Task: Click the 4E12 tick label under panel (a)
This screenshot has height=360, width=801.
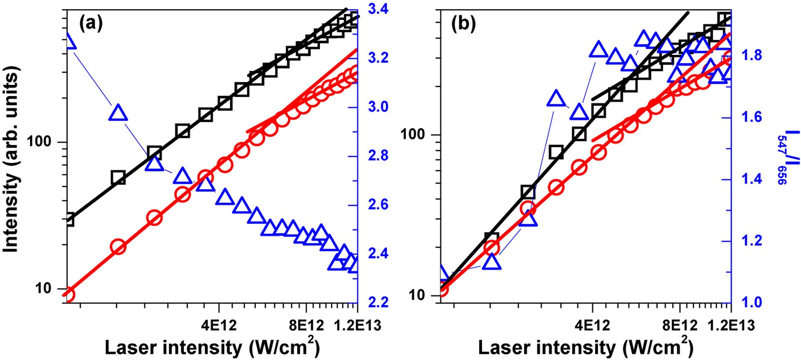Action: (219, 323)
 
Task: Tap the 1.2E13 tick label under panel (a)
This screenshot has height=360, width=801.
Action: (358, 323)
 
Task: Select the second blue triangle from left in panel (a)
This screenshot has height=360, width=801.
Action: (117, 112)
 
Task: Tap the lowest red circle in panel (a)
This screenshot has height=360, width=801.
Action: (68, 294)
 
